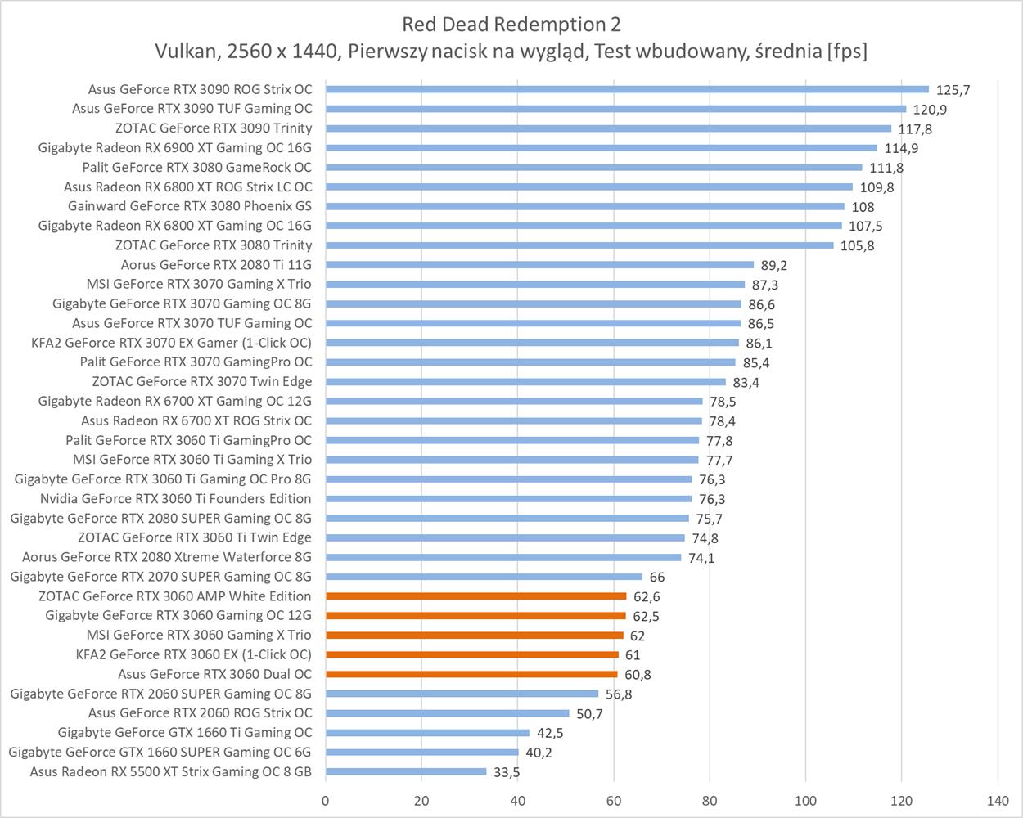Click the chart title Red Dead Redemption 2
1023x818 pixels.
(511, 23)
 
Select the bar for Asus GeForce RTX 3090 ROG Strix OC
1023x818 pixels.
(627, 89)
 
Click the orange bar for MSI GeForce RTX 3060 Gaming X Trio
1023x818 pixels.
(475, 635)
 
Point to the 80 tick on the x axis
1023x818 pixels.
(710, 800)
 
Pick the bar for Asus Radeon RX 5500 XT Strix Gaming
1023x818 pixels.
(406, 771)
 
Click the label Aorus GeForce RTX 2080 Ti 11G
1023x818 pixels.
(216, 265)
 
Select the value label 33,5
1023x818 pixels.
(507, 772)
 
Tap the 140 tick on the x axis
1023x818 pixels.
(998, 800)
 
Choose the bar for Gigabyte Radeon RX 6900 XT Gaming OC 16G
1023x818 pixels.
(602, 148)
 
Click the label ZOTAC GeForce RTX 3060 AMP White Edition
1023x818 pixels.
(174, 596)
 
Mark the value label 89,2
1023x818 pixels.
(773, 265)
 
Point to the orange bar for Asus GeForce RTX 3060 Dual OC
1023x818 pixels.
(471, 674)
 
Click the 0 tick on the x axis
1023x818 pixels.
(326, 800)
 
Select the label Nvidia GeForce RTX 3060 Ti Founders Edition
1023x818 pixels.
(175, 499)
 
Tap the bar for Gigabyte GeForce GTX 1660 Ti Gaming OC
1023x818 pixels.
(427, 732)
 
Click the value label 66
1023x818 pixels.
(657, 578)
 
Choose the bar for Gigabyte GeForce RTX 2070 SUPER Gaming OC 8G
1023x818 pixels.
(484, 577)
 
